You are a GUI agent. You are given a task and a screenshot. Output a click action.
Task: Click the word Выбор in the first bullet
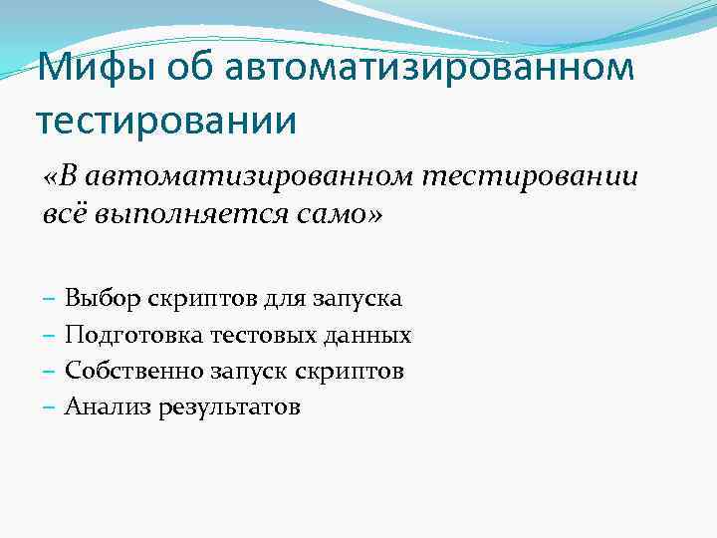click(102, 298)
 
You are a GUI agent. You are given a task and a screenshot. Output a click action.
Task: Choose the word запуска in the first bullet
click(358, 298)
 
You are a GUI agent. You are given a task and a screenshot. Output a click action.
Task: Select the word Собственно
click(133, 371)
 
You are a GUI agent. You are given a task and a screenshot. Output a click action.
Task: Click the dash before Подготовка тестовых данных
click(50, 335)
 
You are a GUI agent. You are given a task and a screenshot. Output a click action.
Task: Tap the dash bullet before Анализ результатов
click(50, 407)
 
